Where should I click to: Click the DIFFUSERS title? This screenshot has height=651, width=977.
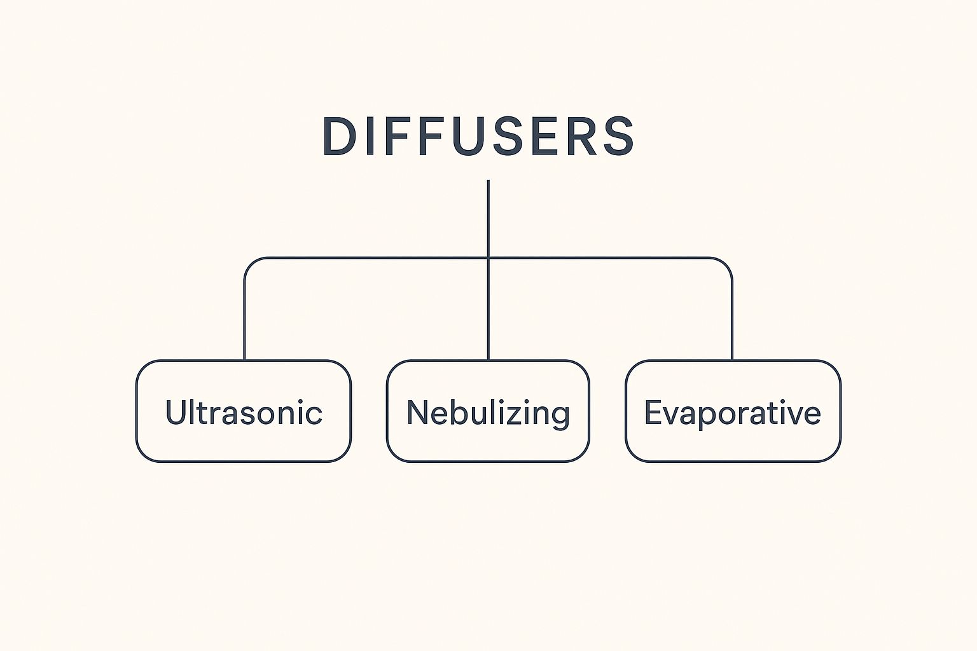478,136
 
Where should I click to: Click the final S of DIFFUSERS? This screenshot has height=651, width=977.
618,136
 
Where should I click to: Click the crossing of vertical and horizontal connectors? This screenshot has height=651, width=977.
488,258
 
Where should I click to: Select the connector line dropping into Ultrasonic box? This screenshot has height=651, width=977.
245,318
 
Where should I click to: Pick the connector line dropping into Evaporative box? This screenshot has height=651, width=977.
732,318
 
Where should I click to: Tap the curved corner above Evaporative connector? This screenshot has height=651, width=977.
726,264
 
